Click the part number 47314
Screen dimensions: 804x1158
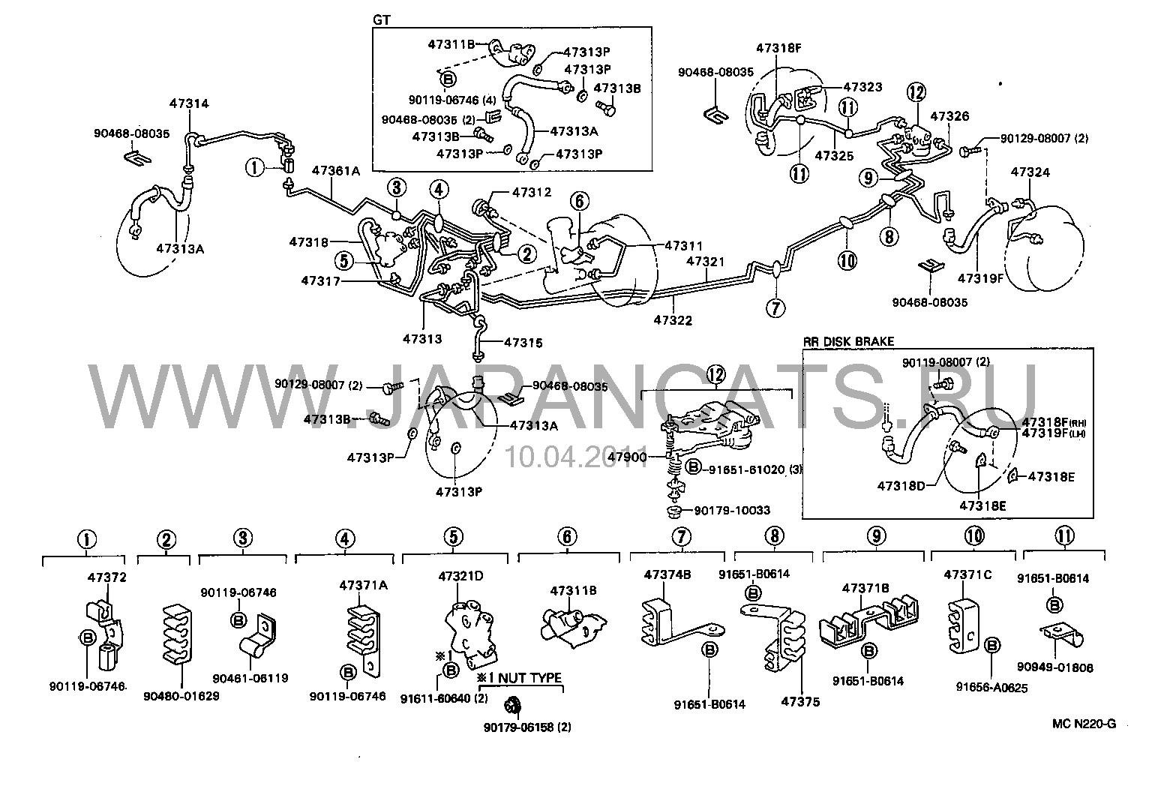coord(189,104)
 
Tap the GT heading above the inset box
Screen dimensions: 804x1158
coord(382,19)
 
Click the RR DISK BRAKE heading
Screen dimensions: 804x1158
coord(848,341)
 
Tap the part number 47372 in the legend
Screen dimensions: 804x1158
coord(107,577)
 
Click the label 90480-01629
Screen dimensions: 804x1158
coord(181,695)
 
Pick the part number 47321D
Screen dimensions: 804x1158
coord(460,575)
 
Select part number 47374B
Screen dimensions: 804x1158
coord(667,575)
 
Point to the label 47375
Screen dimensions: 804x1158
coord(800,702)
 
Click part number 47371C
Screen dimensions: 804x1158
coord(967,575)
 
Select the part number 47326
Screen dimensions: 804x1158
coord(949,116)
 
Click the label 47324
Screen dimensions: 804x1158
coord(1030,172)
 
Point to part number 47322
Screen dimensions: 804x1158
coord(672,319)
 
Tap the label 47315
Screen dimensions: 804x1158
coord(523,343)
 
